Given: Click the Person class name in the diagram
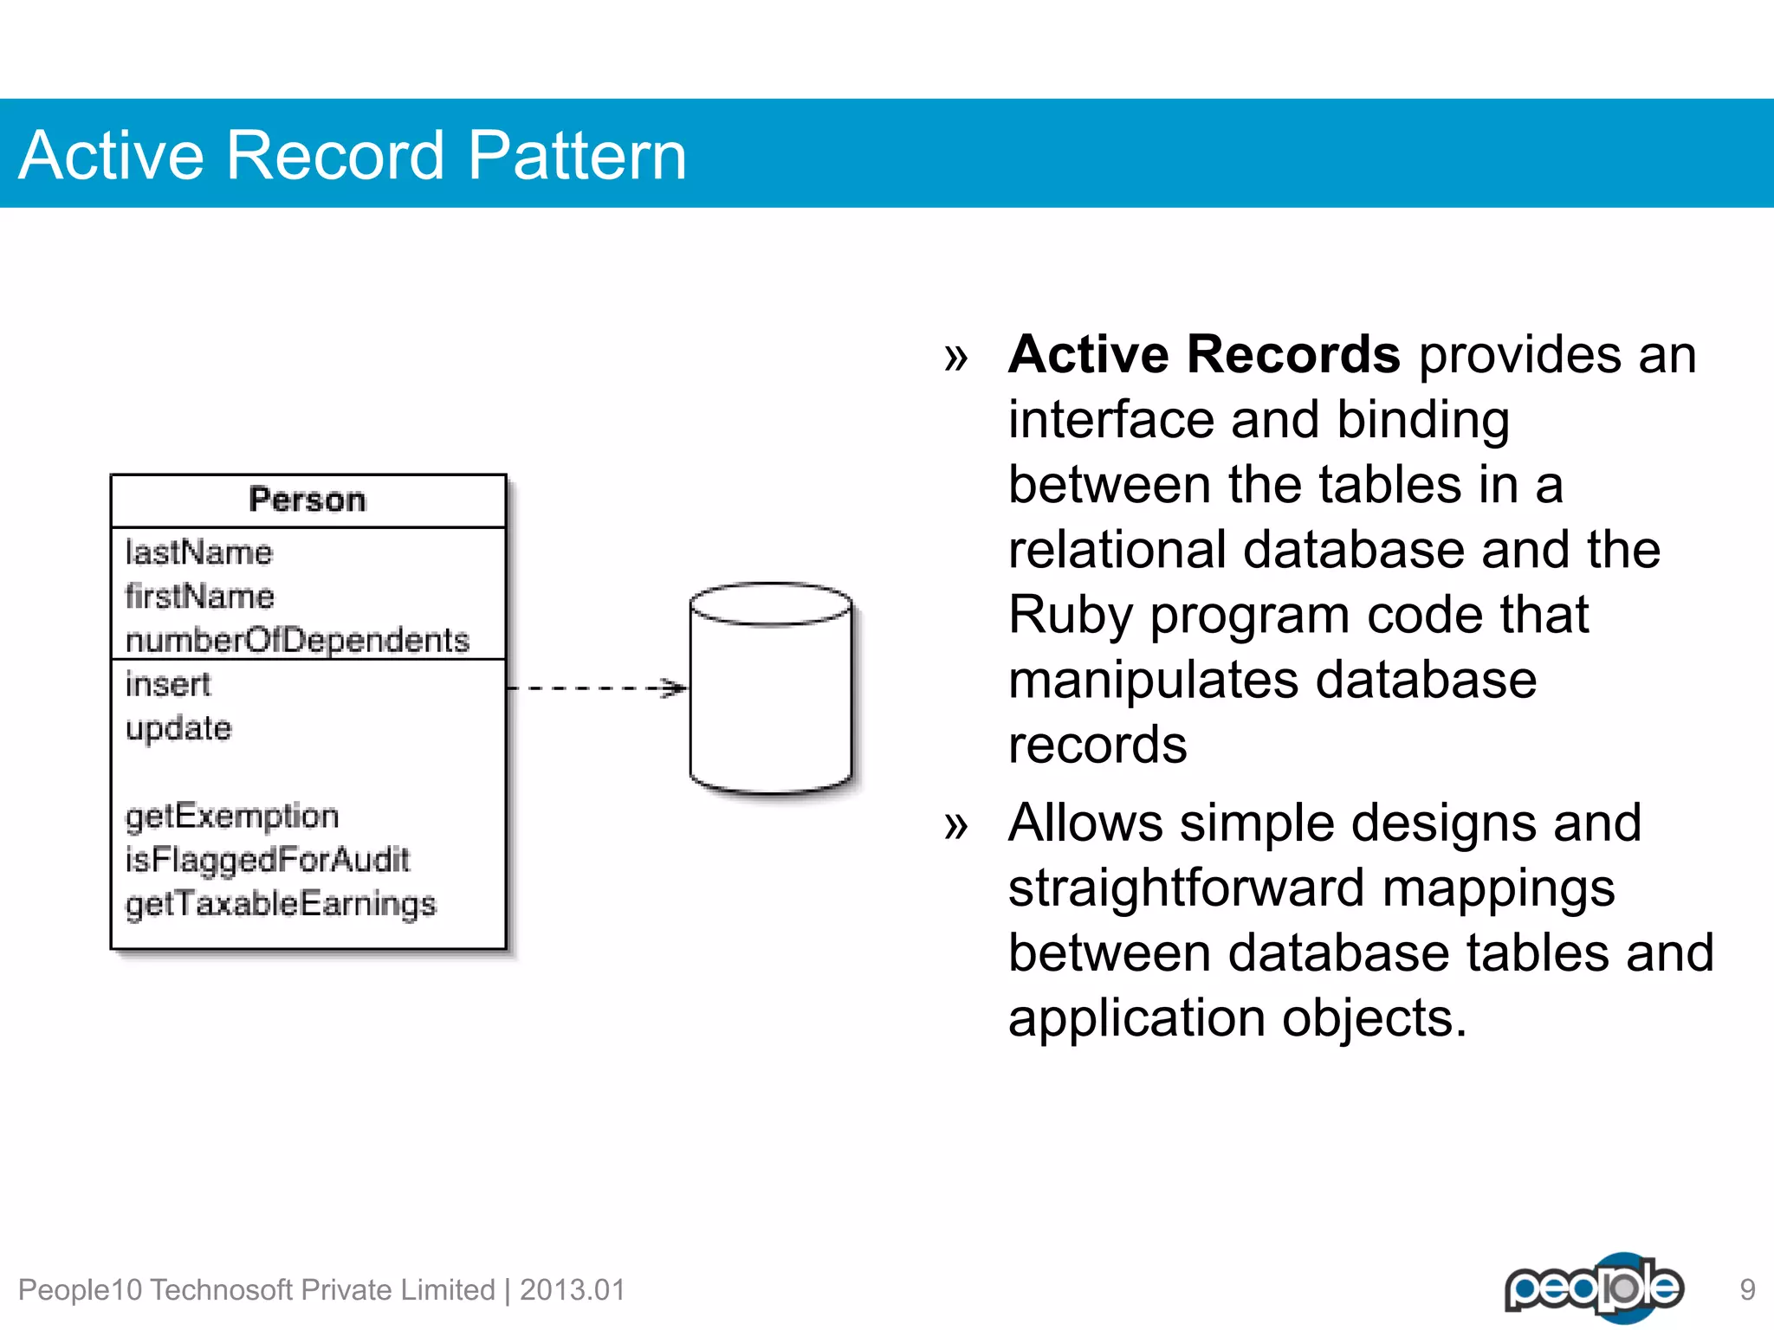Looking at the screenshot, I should tap(308, 500).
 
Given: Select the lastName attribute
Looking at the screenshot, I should tap(198, 552).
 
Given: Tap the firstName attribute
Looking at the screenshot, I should tap(199, 597).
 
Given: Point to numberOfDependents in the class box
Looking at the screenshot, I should tap(297, 640).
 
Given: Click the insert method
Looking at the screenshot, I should tap(168, 684).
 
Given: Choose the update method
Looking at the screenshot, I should tap(178, 728).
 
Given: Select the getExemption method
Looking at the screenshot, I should tap(231, 816).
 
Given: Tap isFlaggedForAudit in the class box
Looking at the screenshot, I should tap(267, 860).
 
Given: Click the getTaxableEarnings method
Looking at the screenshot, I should tap(281, 904).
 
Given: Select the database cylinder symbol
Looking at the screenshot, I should tap(771, 693).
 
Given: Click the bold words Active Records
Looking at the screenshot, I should tap(1204, 354).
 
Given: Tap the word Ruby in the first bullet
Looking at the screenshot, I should tap(1071, 615).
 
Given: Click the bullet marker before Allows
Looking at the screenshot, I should tap(955, 825).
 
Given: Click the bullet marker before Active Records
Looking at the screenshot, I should tap(955, 357).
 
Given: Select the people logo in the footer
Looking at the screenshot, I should tap(1594, 1288).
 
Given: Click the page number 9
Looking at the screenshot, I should tap(1747, 1290).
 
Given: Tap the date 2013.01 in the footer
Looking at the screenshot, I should tap(572, 1290).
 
